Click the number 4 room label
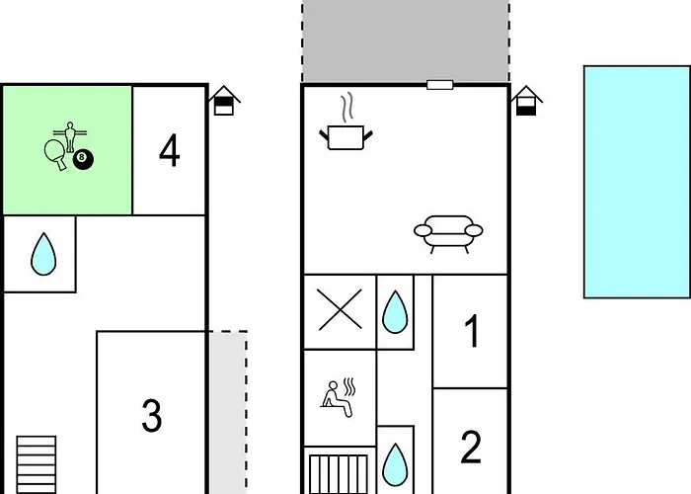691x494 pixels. click(170, 151)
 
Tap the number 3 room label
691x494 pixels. click(152, 416)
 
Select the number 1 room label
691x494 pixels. click(472, 331)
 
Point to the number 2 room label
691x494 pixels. click(471, 448)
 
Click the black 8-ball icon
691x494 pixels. click(83, 160)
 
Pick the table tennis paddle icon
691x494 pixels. click(55, 154)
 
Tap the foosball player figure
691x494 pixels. click(70, 136)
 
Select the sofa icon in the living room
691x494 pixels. click(448, 234)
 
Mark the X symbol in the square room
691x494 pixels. click(341, 309)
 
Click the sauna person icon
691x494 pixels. click(338, 397)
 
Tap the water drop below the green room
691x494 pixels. click(43, 254)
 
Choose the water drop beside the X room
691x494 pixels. click(395, 312)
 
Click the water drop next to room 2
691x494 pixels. click(395, 465)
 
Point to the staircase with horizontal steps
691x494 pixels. click(37, 465)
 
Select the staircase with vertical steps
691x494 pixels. click(339, 474)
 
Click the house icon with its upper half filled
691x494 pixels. click(224, 101)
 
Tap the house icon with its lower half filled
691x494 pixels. click(526, 101)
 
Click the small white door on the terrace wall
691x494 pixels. click(440, 85)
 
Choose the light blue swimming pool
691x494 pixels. click(638, 182)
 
